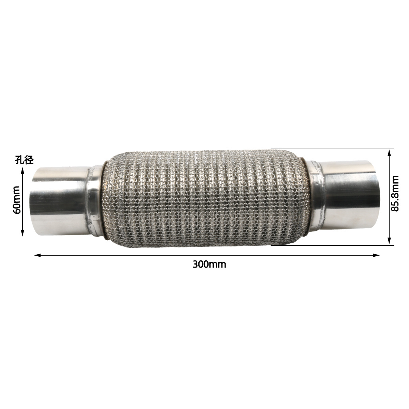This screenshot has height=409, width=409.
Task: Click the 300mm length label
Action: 209,265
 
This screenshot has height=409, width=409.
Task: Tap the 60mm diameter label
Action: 17,200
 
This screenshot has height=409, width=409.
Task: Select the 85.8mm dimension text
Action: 395,194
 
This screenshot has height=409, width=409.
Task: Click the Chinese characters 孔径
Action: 24,160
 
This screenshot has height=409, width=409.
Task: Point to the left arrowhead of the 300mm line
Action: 37,255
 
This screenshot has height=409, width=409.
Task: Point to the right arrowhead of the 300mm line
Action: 376,255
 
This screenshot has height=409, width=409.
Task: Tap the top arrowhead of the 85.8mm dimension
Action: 389,153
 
